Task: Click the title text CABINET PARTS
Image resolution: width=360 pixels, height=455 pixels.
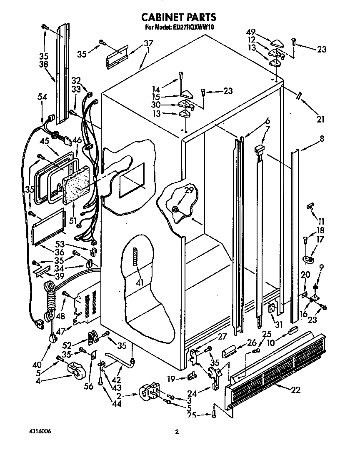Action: (179, 17)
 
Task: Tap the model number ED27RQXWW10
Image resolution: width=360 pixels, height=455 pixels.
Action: (190, 27)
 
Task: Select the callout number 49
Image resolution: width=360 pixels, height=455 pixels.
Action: (250, 32)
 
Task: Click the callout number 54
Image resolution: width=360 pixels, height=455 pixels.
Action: (42, 97)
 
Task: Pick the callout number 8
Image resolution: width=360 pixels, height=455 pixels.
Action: (322, 139)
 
